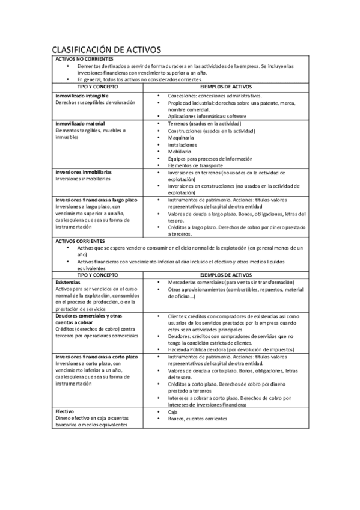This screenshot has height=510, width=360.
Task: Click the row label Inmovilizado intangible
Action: coord(82,96)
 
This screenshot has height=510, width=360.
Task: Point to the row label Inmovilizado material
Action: coord(81,123)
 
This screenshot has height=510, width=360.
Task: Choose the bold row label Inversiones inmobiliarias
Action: coord(83,172)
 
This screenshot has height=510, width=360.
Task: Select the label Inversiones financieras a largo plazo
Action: coord(96,200)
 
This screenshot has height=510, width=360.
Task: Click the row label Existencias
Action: coord(68,282)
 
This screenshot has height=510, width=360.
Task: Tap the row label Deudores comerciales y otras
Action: coord(88,316)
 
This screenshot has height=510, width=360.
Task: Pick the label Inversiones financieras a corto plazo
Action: coord(97,357)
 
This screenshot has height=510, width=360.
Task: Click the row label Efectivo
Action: coord(65,411)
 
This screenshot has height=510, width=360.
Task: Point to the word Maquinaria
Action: coord(182,138)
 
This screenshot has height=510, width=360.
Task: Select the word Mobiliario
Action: coord(181,152)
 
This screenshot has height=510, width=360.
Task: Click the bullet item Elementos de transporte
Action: coord(196,165)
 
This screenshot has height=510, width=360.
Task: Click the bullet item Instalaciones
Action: coord(183,144)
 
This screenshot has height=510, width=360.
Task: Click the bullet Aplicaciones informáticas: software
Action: coord(207,116)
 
